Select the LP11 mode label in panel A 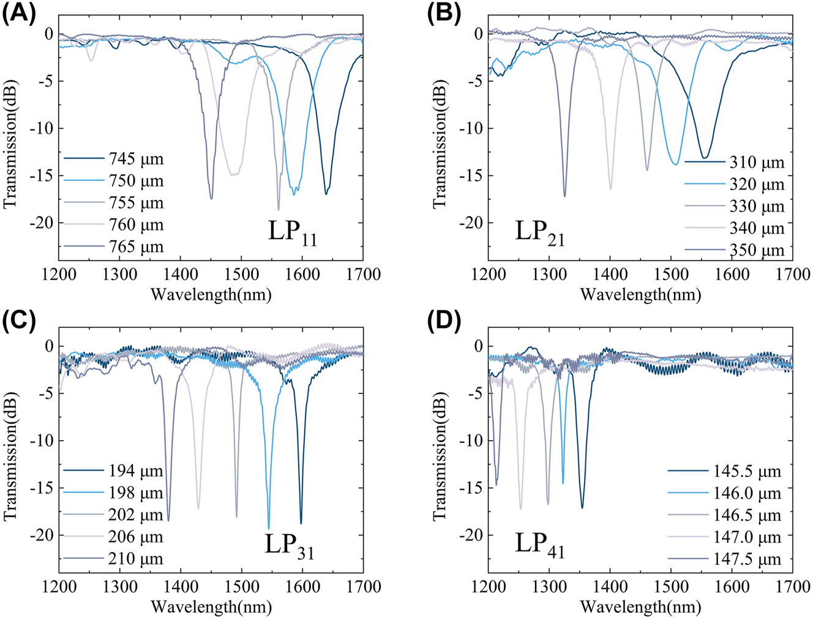(x=292, y=233)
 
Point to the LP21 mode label (x=539, y=233)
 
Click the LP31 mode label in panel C (x=289, y=545)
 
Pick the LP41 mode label (x=539, y=545)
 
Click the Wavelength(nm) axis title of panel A (x=211, y=295)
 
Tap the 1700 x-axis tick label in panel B (x=792, y=274)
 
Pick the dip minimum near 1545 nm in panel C (x=269, y=528)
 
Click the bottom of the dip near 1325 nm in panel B (x=564, y=196)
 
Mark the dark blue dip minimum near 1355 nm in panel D (x=582, y=507)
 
